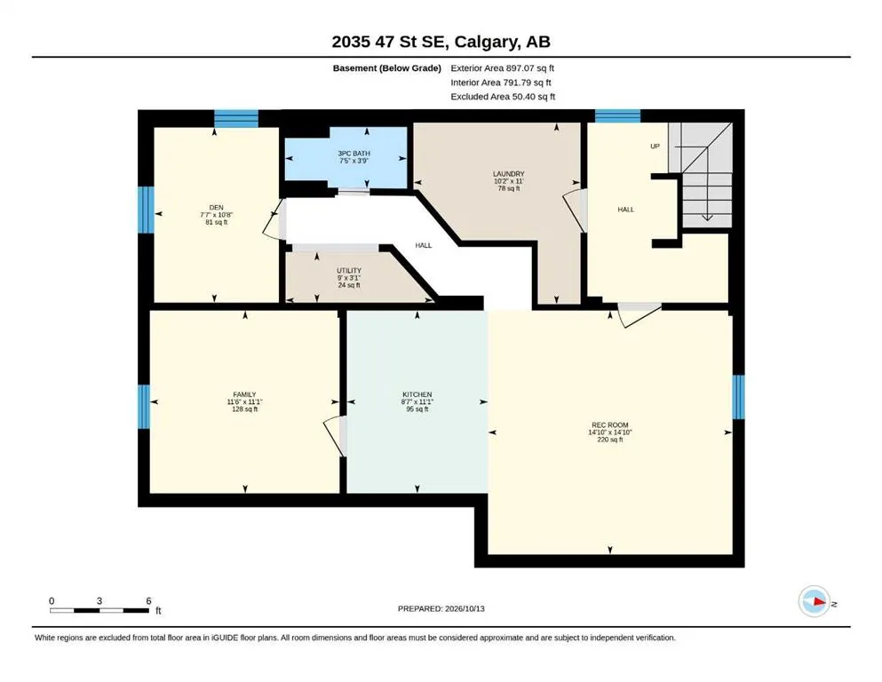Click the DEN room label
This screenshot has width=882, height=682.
(x=216, y=208)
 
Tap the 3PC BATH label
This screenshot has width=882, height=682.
(x=354, y=153)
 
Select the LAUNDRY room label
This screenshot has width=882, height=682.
(x=508, y=174)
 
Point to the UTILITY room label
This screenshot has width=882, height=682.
(x=349, y=271)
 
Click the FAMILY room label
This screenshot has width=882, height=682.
(x=244, y=394)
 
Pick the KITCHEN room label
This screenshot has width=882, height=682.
(x=417, y=394)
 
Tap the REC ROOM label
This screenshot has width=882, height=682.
(x=609, y=425)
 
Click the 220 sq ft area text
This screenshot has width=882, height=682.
(x=609, y=440)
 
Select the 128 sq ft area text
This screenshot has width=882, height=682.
(x=244, y=409)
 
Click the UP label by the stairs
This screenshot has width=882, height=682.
(x=655, y=147)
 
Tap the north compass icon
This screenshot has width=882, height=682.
(x=814, y=601)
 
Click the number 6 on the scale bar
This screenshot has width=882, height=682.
(x=148, y=600)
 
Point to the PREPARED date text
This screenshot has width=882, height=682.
(x=441, y=608)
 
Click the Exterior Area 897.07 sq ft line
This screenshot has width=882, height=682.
(x=503, y=68)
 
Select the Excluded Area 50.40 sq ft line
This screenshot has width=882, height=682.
(x=503, y=97)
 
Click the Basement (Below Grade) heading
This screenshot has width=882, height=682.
(x=387, y=68)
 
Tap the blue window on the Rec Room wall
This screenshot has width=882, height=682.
(x=739, y=397)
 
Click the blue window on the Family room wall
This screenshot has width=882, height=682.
(x=144, y=407)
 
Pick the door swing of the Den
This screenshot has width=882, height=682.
(x=275, y=219)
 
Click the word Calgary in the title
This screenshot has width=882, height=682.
(x=486, y=42)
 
